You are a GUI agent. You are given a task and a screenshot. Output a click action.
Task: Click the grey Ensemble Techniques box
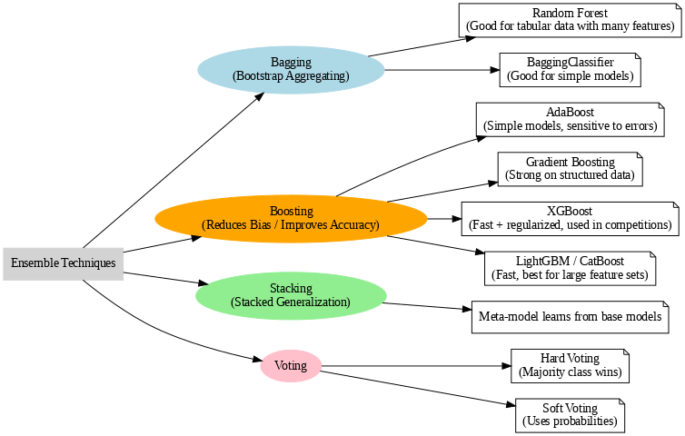pos(63,263)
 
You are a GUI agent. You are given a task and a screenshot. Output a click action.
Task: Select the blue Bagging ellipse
pos(291,70)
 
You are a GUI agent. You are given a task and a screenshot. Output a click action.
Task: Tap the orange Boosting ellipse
pos(291,218)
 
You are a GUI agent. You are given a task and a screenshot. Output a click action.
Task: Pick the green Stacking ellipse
pos(291,295)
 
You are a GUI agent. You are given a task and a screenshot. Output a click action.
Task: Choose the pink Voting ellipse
pos(291,366)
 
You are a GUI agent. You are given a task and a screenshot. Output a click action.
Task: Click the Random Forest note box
pos(570,20)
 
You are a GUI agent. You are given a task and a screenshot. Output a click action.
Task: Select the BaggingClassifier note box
pos(570,70)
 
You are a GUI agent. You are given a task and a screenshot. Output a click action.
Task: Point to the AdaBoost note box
pos(570,119)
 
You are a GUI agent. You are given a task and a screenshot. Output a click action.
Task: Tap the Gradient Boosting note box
pos(570,169)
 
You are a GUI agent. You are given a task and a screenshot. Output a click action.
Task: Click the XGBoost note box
pos(570,218)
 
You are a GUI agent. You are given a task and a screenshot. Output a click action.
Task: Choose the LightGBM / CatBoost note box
pos(570,267)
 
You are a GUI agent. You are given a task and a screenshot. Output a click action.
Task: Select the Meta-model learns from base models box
pos(570,317)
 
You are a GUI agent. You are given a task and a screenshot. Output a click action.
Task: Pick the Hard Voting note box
pos(570,366)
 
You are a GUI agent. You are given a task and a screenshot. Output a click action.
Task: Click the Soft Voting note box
pos(570,415)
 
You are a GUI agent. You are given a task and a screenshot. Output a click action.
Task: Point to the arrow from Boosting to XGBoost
pos(444,218)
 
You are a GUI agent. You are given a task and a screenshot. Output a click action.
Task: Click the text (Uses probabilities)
pos(570,422)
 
